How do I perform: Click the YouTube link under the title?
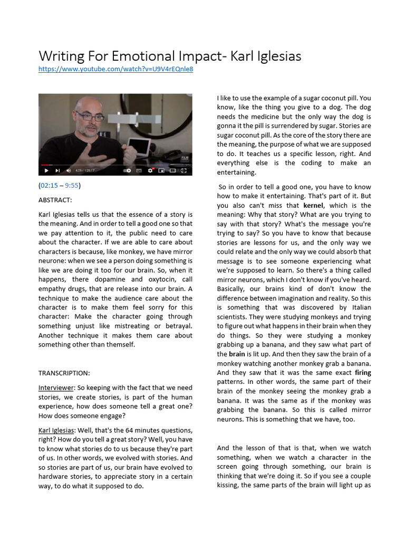point(115,69)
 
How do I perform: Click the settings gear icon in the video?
point(150,170)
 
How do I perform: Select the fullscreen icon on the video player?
point(184,170)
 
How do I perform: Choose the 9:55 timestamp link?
point(72,186)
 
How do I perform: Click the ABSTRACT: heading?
point(55,200)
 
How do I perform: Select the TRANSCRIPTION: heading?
point(64,373)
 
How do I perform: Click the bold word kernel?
point(314,205)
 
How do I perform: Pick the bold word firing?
point(363,372)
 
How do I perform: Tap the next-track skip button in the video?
point(57,170)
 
